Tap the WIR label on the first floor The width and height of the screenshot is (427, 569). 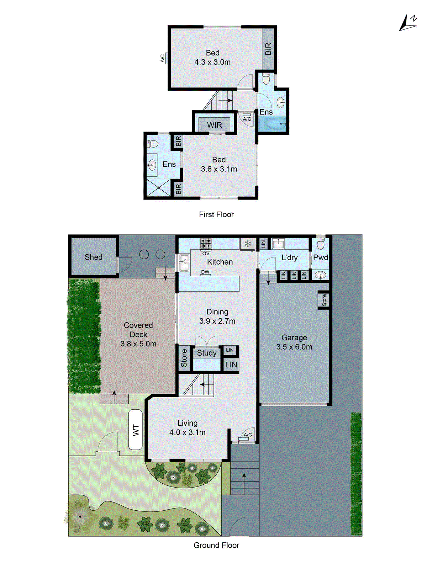click(x=214, y=125)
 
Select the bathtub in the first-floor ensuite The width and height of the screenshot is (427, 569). click(x=273, y=124)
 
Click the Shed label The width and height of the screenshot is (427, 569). click(x=94, y=257)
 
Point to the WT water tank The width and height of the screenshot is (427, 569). click(x=136, y=430)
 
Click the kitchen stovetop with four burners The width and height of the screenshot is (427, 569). click(x=206, y=243)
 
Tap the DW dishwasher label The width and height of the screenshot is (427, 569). click(x=205, y=272)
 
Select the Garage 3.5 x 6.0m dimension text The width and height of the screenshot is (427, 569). click(x=294, y=347)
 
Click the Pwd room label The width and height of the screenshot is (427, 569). click(x=321, y=257)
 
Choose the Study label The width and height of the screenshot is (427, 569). click(x=207, y=353)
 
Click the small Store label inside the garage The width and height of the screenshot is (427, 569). click(x=324, y=300)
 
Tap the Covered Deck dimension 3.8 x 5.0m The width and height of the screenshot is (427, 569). click(x=138, y=344)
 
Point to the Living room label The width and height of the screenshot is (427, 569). click(x=188, y=423)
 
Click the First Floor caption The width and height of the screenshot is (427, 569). click(x=216, y=214)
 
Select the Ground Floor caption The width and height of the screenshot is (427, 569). click(x=216, y=545)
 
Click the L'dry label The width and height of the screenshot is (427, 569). click(x=290, y=257)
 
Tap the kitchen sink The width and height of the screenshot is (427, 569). click(x=184, y=263)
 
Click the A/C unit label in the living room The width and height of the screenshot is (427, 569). click(x=248, y=435)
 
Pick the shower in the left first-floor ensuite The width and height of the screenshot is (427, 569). click(x=159, y=187)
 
